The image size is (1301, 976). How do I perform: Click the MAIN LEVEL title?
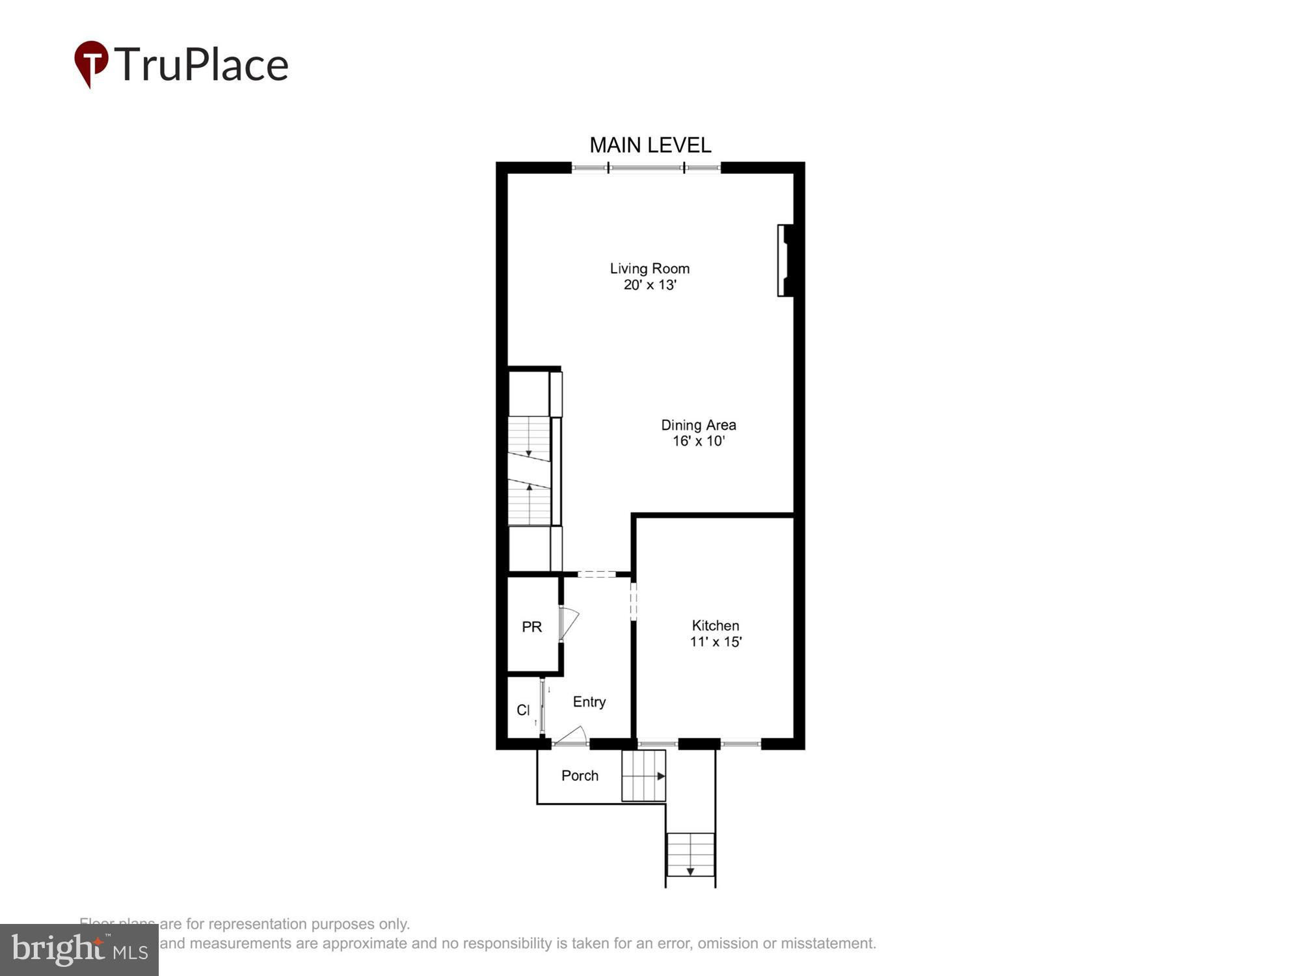650,144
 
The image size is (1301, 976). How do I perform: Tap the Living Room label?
649,268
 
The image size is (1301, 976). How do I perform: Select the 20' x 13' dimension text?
650,285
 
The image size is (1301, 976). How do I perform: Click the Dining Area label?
698,425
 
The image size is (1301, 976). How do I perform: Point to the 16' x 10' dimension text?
698,441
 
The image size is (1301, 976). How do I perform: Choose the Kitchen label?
715,625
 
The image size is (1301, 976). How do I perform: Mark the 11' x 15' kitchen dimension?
716,642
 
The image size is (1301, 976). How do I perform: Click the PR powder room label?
531,627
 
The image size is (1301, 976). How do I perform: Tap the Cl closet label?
523,710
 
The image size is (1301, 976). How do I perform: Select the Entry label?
589,701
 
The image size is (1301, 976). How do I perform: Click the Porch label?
580,776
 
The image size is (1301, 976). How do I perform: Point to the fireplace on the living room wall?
785,260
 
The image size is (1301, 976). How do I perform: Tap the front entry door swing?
571,736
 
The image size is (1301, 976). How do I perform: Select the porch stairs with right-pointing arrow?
643,776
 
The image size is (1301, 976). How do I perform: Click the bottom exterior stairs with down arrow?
690,855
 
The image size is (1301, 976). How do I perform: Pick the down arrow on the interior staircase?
529,452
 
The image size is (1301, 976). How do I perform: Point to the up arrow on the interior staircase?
529,487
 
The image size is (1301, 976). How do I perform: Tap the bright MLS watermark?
79,949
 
